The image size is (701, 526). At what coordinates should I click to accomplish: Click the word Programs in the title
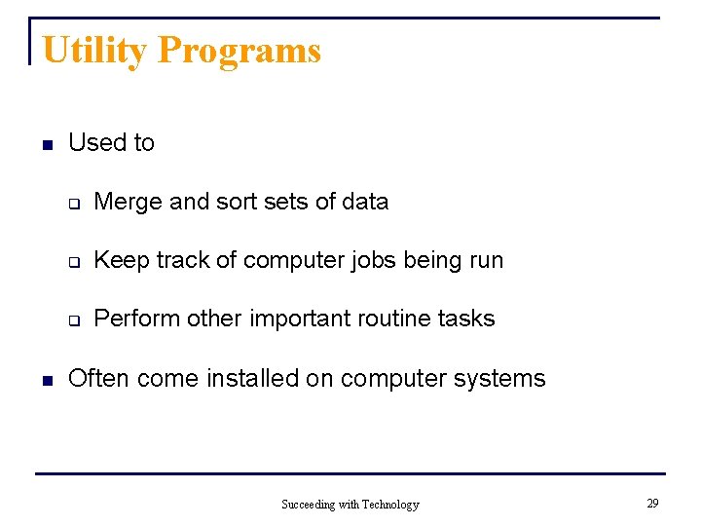239,50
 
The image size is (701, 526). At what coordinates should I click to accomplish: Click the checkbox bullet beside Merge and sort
73,204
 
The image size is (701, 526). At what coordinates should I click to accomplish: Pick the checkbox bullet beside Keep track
73,262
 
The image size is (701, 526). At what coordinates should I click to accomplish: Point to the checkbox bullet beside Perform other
73,320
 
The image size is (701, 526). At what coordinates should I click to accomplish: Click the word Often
99,378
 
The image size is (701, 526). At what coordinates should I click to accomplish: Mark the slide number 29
652,503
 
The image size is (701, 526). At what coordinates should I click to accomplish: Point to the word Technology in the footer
389,504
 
